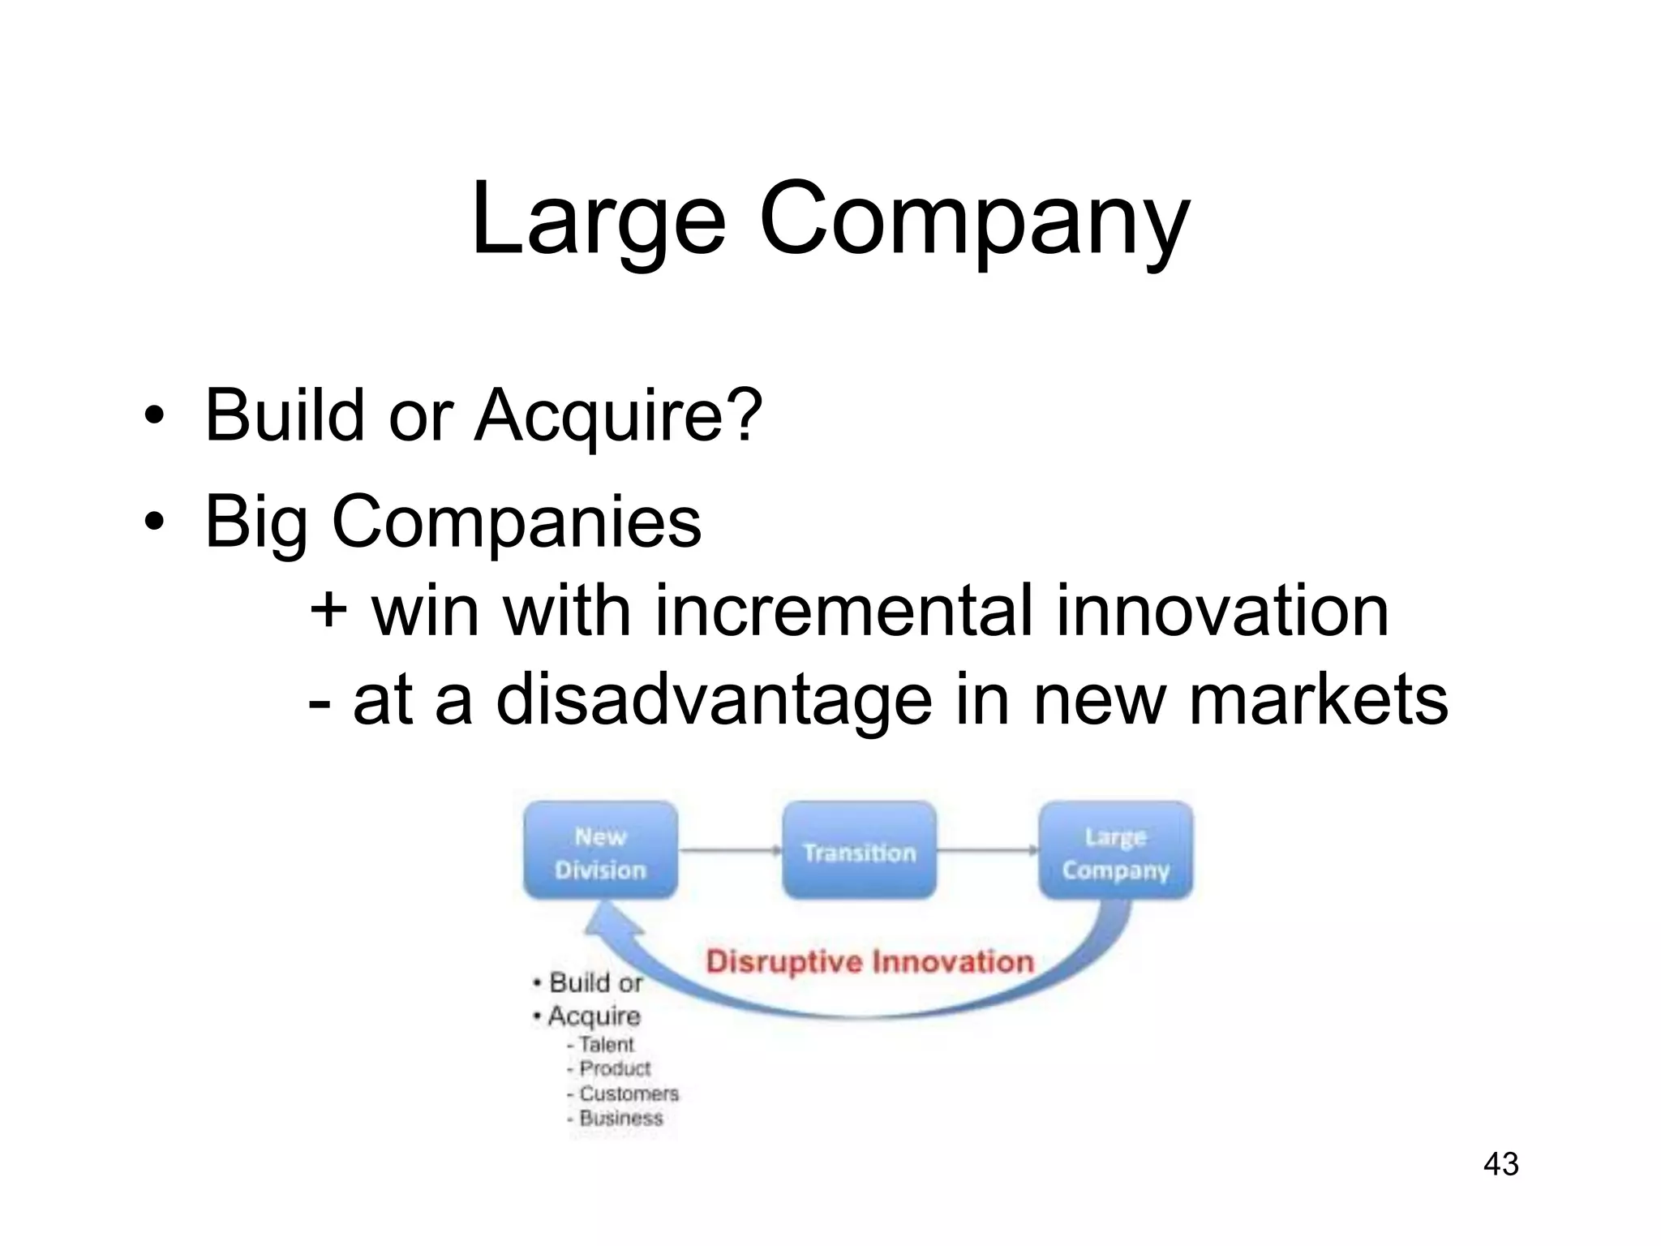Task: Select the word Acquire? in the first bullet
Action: [618, 415]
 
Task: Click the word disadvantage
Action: [714, 699]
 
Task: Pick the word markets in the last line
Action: [1318, 699]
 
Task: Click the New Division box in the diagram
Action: [600, 851]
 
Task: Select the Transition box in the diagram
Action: [859, 851]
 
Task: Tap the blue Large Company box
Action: [1116, 851]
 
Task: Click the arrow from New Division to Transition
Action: [729, 851]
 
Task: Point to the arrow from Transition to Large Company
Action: [987, 851]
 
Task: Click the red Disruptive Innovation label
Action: [869, 962]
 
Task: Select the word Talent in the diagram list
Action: [606, 1045]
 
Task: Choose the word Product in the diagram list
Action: [615, 1069]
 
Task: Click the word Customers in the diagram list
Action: [629, 1093]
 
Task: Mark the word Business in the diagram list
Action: [620, 1118]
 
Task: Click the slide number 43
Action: [1500, 1164]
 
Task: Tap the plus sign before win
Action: [328, 610]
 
